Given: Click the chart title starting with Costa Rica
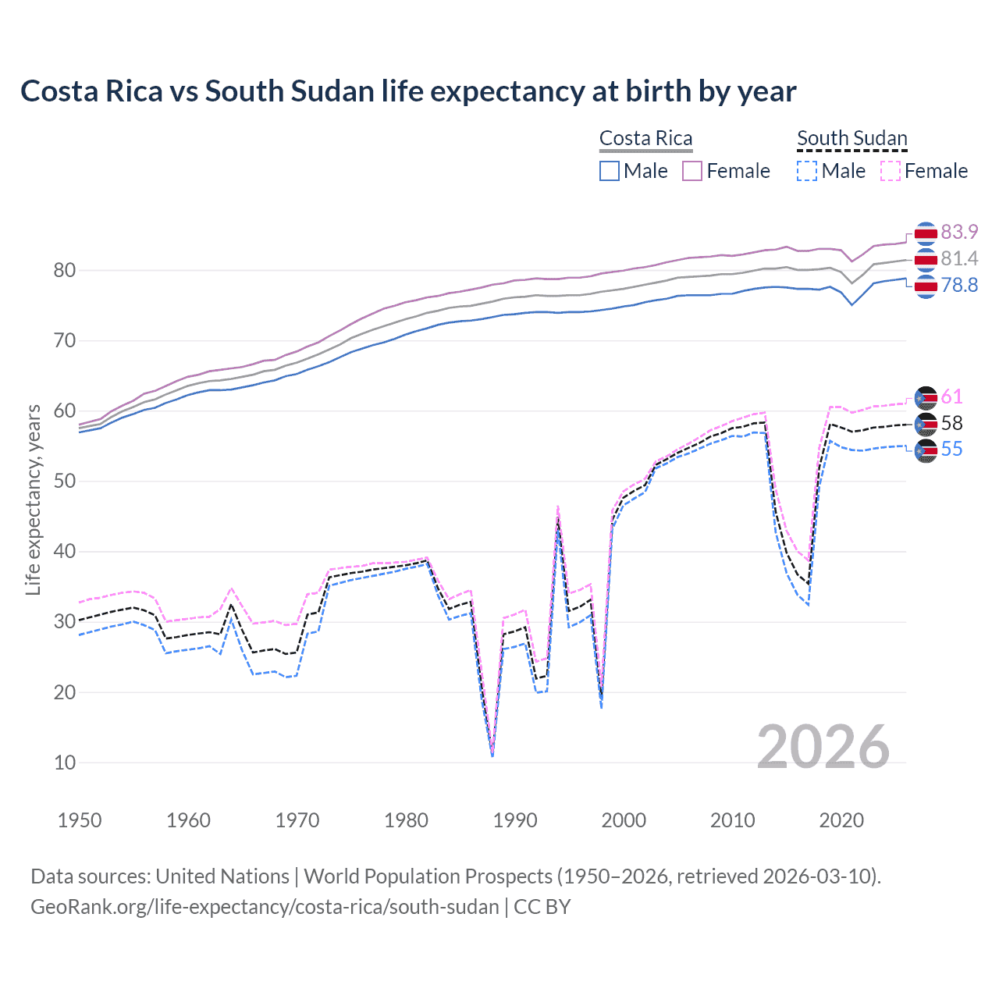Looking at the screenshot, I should pyautogui.click(x=408, y=91).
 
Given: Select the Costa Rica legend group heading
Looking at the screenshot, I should pyautogui.click(x=645, y=138).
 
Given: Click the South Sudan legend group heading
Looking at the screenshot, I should pyautogui.click(x=851, y=138).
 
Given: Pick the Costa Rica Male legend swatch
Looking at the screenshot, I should pyautogui.click(x=610, y=171).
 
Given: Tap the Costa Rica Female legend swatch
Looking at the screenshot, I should pyautogui.click(x=692, y=171).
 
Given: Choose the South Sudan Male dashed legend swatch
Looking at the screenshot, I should pyautogui.click(x=807, y=171).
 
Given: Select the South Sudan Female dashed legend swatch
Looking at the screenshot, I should pyautogui.click(x=891, y=171).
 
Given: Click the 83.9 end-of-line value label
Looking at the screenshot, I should pyautogui.click(x=959, y=232).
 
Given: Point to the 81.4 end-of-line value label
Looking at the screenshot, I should pyautogui.click(x=959, y=258).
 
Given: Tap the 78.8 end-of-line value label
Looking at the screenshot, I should pyautogui.click(x=959, y=285).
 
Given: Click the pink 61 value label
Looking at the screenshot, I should pyautogui.click(x=951, y=396).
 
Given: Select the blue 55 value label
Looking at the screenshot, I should pyautogui.click(x=951, y=449).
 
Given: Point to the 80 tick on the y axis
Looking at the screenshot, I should pyautogui.click(x=65, y=271).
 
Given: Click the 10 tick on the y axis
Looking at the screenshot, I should pyautogui.click(x=65, y=763).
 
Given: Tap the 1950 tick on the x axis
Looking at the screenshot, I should pyautogui.click(x=80, y=820).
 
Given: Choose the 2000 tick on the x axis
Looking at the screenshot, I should pyautogui.click(x=624, y=820).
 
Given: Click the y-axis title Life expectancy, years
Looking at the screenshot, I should pyautogui.click(x=34, y=499).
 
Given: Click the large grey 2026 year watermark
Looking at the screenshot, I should pyautogui.click(x=823, y=747).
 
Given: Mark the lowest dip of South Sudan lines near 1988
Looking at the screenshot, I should pyautogui.click(x=492, y=754).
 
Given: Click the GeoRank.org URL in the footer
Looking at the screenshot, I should pyautogui.click(x=265, y=907).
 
